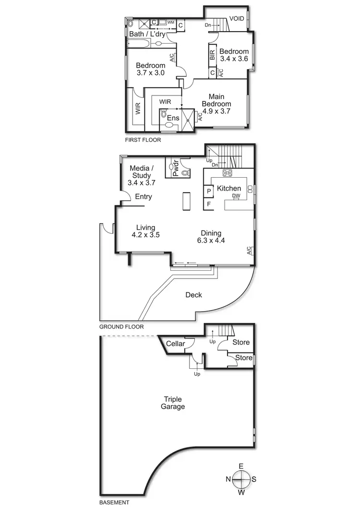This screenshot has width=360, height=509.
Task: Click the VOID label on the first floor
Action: point(237,19)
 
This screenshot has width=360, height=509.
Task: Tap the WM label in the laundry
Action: point(170,23)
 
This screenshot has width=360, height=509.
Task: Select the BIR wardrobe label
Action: point(212,55)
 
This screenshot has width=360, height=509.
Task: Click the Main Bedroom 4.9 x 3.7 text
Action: point(216,104)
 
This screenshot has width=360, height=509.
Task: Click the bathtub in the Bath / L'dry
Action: point(140,43)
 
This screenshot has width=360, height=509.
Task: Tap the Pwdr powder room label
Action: point(175,171)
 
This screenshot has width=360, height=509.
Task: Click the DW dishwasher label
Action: point(236,196)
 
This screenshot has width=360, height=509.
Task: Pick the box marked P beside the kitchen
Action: point(209,191)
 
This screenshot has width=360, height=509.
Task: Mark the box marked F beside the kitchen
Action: point(209,204)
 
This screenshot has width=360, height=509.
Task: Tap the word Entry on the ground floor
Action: point(143,197)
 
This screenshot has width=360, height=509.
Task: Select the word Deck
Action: point(193,295)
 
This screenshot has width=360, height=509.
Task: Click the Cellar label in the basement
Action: point(176,344)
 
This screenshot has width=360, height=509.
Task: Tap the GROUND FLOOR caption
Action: point(121,327)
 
